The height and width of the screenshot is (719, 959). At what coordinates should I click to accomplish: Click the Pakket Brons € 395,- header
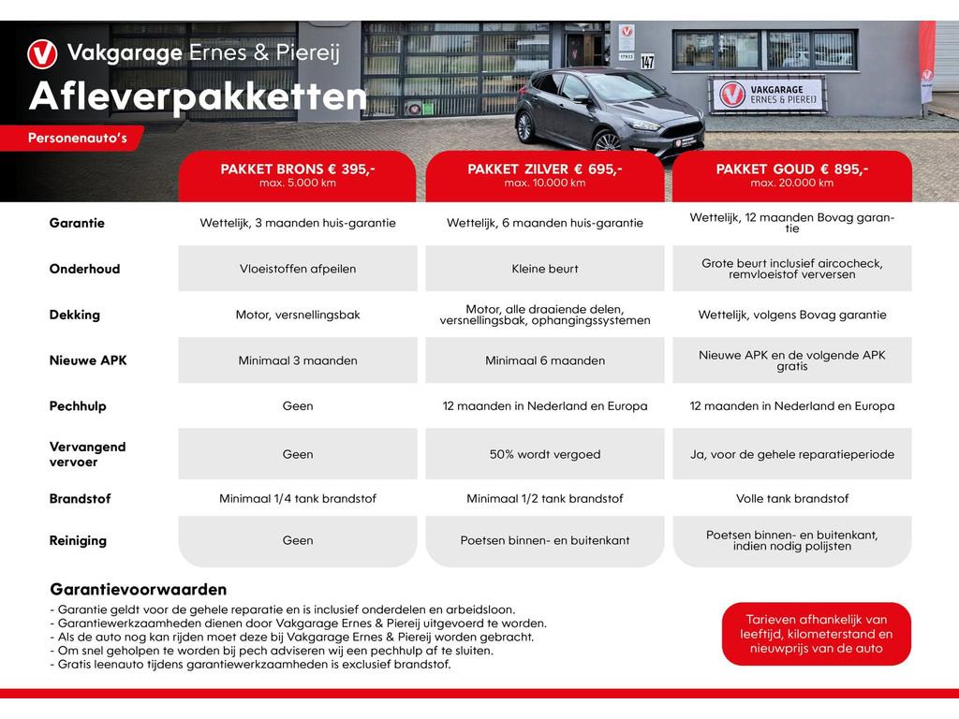coord(298,175)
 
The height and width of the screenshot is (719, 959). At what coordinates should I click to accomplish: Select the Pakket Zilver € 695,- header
coord(545,175)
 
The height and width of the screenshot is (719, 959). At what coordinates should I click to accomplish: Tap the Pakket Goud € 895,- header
coord(792,175)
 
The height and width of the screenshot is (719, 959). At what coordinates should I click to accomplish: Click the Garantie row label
coord(77,224)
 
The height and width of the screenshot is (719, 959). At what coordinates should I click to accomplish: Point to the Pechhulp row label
coord(78,406)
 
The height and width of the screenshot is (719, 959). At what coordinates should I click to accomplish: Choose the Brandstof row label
coord(79,499)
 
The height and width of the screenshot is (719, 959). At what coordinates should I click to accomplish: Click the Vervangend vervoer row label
coord(87,454)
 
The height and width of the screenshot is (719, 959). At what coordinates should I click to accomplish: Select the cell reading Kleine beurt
coord(545,269)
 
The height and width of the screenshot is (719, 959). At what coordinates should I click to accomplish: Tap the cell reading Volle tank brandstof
coord(792,499)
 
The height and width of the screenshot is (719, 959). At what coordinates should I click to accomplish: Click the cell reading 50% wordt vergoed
coord(545,454)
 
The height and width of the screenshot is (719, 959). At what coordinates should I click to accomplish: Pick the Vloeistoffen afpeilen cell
coord(298,269)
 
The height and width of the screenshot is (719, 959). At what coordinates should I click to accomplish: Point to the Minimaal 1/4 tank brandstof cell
coord(298,499)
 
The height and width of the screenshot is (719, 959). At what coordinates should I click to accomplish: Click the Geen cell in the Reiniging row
coord(298,540)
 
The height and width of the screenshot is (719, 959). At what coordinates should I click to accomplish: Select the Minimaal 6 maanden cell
coord(545,360)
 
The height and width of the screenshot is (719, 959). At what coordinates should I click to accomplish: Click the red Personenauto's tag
coord(77,139)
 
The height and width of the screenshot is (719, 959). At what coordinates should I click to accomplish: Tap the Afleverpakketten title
coord(198,97)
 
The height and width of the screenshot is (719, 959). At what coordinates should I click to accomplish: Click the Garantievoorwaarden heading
coord(138,590)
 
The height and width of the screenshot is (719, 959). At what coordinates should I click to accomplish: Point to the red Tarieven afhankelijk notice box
coord(816,634)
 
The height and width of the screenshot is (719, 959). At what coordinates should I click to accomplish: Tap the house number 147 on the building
coord(647,62)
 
